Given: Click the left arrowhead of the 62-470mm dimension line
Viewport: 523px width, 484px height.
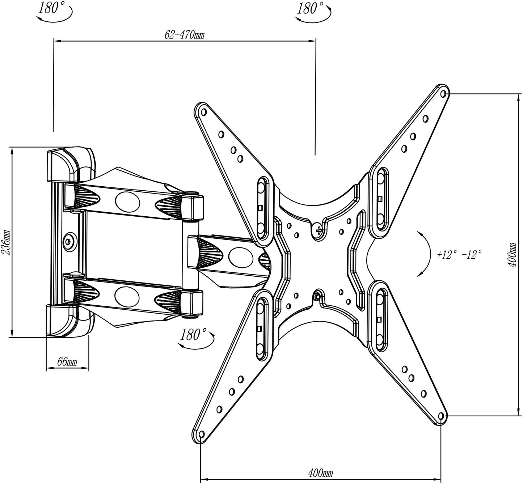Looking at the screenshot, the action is [x=58, y=41].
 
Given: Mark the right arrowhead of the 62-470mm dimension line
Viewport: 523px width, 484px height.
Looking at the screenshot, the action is [x=312, y=41].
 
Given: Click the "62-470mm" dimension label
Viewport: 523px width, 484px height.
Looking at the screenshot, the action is [x=184, y=34].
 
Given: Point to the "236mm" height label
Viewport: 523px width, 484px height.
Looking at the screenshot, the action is [x=6, y=242].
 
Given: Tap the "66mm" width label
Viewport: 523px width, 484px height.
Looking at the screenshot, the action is [x=67, y=362].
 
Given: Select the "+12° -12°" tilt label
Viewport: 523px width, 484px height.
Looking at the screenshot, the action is [x=459, y=255].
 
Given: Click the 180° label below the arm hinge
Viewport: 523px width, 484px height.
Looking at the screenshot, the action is [x=193, y=335].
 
